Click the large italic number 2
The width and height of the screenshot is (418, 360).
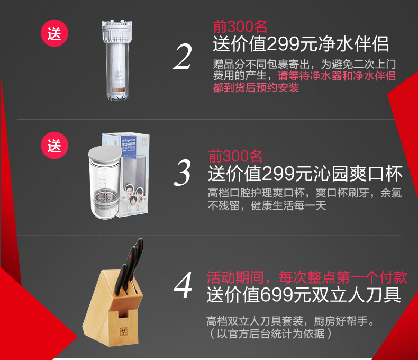coord(183,57)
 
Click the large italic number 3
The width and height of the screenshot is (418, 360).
coord(183,173)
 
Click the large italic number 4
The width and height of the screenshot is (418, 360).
coord(183,285)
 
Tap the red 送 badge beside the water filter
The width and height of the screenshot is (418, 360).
coord(54,33)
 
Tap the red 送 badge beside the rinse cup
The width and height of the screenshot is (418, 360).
coord(54,146)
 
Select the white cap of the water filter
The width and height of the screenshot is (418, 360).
coord(117,31)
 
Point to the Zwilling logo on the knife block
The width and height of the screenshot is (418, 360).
coord(123,331)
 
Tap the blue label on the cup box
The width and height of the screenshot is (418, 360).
coord(129,148)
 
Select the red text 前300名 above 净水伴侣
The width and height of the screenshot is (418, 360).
coord(240,26)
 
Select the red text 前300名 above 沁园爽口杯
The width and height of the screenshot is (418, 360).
coord(235,156)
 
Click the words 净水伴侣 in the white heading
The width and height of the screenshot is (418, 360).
coord(354,44)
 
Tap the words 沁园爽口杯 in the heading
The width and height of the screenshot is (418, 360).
coord(358,174)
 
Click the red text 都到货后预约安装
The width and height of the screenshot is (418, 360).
coord(256,87)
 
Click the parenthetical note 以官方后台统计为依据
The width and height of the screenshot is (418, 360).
coord(270,334)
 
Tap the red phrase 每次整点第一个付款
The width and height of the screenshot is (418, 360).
coord(343,277)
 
